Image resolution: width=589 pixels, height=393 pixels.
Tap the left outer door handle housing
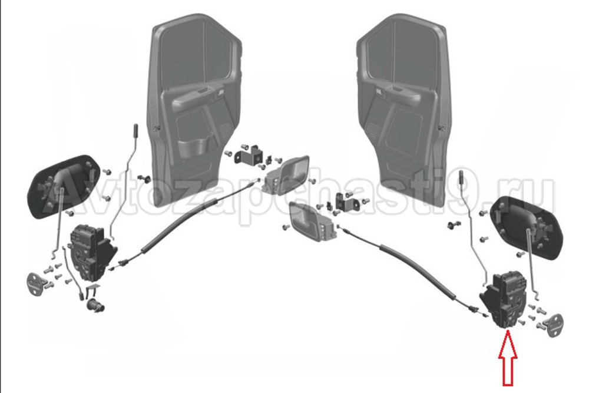63,186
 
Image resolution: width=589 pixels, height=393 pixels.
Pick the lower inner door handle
312,221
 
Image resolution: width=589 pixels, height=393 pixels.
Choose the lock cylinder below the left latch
96,305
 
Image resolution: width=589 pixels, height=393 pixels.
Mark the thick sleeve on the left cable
177,226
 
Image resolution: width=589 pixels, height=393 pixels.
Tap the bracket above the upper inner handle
249,155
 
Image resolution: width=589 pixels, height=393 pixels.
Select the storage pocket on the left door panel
193,148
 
